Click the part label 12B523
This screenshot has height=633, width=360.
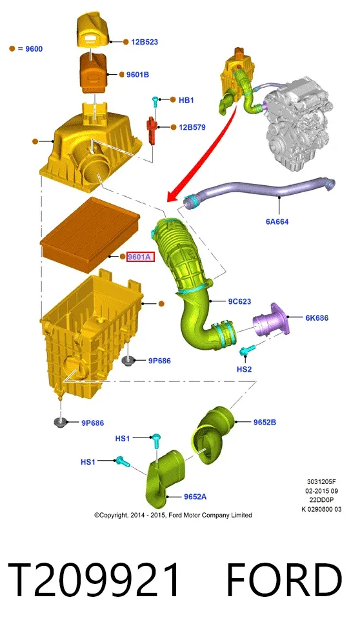click(145, 41)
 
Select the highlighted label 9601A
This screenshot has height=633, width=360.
click(141, 257)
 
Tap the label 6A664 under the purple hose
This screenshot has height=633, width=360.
click(277, 221)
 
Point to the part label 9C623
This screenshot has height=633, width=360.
click(239, 301)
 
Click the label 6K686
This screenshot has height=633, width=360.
click(317, 317)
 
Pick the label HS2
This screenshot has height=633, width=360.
click(244, 369)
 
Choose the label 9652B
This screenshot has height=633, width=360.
click(265, 422)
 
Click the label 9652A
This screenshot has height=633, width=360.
click(195, 497)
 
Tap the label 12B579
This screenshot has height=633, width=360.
click(192, 127)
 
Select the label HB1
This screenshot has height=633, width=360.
click(186, 100)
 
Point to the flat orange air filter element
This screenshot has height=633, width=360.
click(90, 234)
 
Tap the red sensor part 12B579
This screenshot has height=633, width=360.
click(152, 129)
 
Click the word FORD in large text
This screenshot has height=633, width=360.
click(284, 580)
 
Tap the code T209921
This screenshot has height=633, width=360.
click(94, 580)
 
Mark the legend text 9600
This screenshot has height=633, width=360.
click(34, 49)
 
